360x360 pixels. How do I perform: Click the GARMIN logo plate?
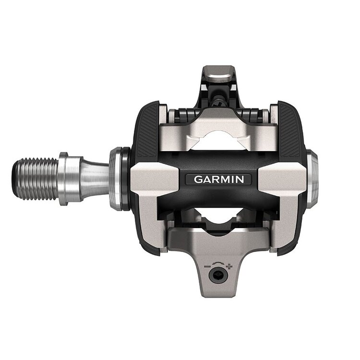[218, 180]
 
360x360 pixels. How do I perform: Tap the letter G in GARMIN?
[198, 180]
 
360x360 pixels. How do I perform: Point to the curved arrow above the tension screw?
[218, 263]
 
